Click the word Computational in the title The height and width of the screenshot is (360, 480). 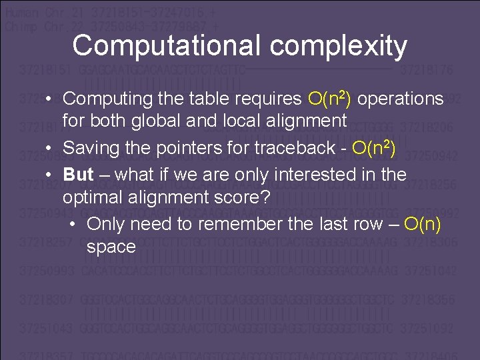pyautogui.click(x=167, y=46)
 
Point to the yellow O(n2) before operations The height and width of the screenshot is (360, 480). pyautogui.click(x=331, y=99)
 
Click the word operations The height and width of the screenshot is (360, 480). pyautogui.click(x=401, y=99)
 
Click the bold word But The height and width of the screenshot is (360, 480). pyautogui.click(x=78, y=175)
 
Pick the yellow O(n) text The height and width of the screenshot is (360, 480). pyautogui.click(x=423, y=224)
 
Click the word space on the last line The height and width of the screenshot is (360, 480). pyautogui.click(x=111, y=247)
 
